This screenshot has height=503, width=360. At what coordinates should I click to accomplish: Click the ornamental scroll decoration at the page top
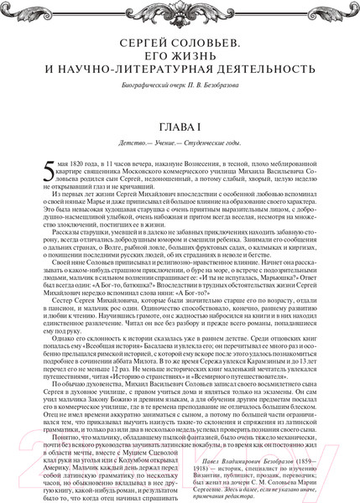coord(180,13)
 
